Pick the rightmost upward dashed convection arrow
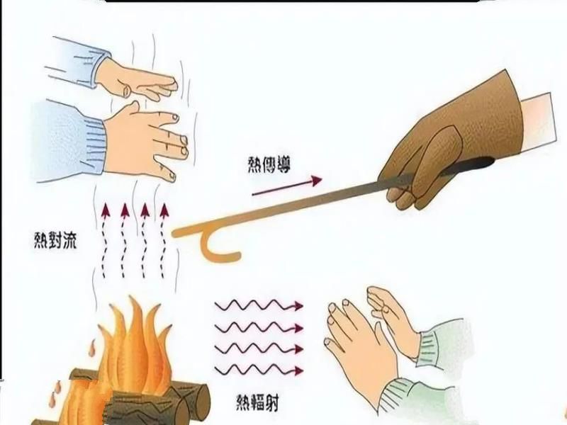pos(166,241)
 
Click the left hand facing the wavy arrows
pos(358,340)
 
